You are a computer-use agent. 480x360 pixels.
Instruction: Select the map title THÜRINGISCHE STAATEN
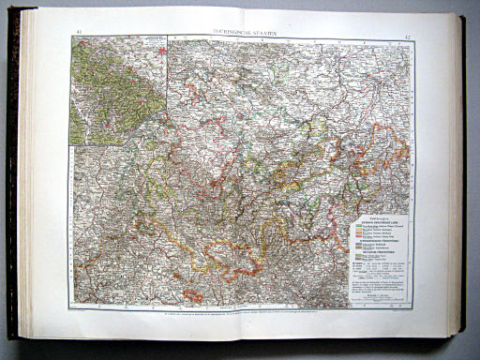pos(244,34)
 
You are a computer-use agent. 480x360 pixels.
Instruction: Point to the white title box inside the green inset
pos(150,44)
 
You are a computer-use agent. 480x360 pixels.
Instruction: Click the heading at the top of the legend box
pos(381,211)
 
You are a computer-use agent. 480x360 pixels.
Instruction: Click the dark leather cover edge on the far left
pos(12,178)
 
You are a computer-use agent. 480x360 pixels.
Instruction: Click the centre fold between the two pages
pos(245,178)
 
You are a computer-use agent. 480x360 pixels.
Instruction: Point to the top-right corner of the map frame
pos(412,40)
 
